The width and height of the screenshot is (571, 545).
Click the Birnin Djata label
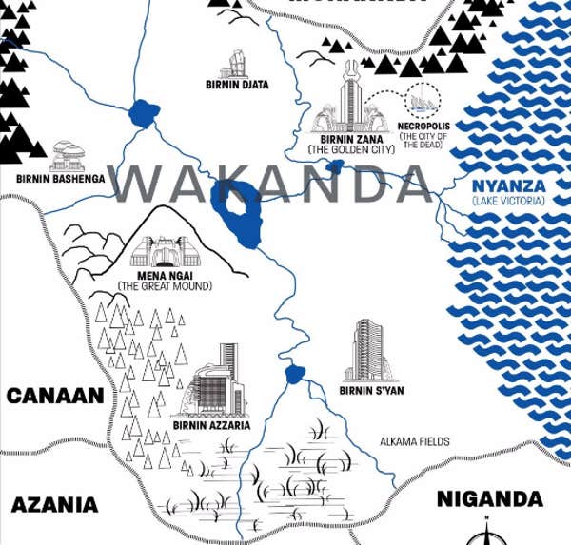(237, 85)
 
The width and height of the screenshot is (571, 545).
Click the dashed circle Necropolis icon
(420, 101)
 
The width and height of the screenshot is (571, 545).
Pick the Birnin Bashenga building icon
(69, 153)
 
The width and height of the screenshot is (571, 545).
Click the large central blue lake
(236, 210)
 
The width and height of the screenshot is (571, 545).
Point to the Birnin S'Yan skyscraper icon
(370, 350)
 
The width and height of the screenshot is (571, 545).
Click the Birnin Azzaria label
(211, 426)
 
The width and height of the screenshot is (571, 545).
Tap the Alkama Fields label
(414, 441)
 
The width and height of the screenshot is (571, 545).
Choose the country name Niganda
(489, 498)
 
